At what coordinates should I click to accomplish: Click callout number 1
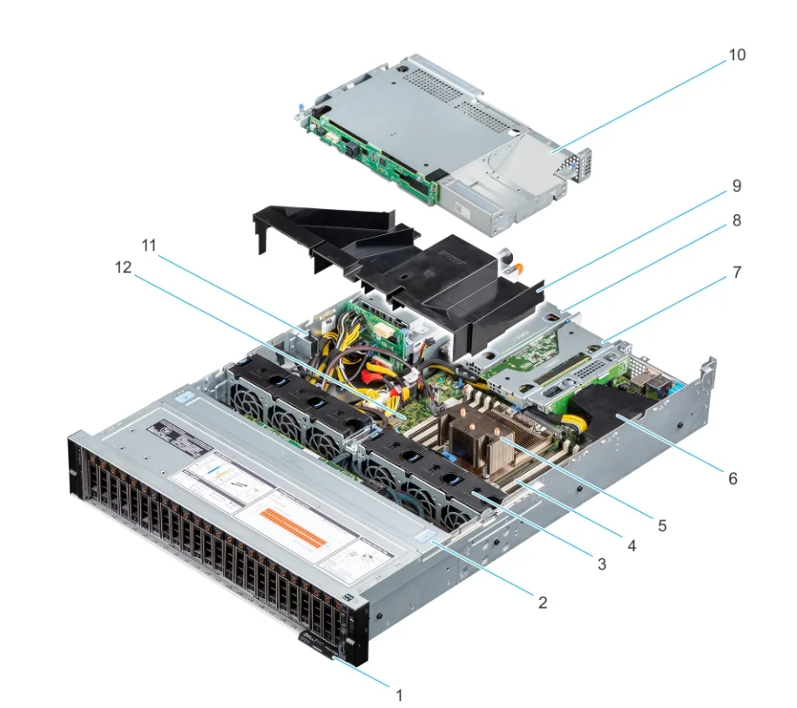click(x=399, y=694)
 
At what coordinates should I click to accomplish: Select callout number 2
click(x=543, y=602)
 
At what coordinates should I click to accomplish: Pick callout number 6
click(x=733, y=479)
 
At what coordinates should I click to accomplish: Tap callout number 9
click(x=737, y=185)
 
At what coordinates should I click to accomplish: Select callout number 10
click(x=737, y=55)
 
